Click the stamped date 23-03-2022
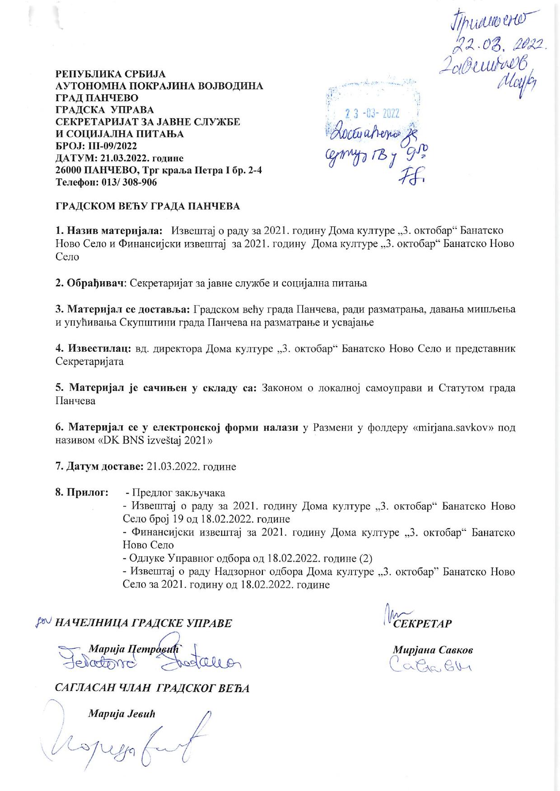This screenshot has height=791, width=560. pyautogui.click(x=372, y=113)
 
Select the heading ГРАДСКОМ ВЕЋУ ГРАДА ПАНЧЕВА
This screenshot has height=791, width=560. pyautogui.click(x=147, y=206)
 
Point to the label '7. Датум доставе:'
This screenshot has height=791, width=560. pyautogui.click(x=99, y=466)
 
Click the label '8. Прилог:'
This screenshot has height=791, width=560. pyautogui.click(x=81, y=492)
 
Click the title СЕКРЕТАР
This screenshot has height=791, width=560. pyautogui.click(x=422, y=623)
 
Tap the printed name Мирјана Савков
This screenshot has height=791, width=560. pyautogui.click(x=433, y=650)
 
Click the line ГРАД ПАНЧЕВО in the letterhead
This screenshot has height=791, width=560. pyautogui.click(x=97, y=98)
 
